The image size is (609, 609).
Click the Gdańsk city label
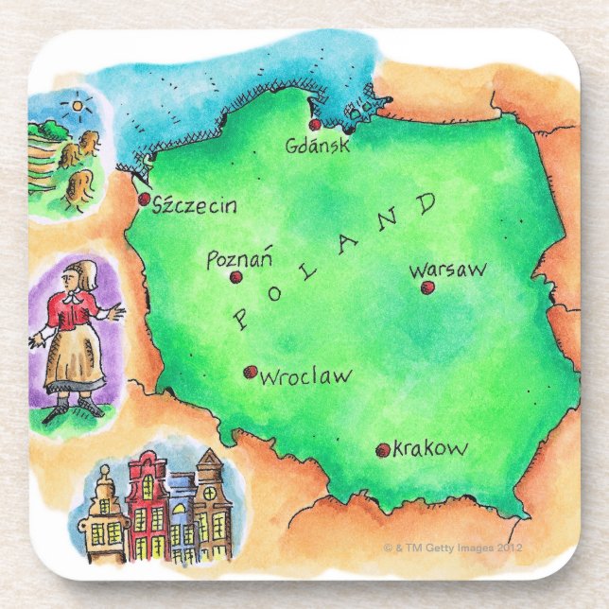point(318,146)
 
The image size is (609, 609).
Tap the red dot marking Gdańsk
point(315,124)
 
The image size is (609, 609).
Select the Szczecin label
point(195,205)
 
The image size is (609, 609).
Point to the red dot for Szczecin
point(144,200)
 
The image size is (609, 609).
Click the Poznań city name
point(239,258)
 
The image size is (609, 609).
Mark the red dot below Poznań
point(235,277)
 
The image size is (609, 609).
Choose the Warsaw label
point(448,270)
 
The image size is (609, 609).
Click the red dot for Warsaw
point(426,287)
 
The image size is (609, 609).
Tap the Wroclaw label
point(304,376)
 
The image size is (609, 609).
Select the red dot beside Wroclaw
point(250,373)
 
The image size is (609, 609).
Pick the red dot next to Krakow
point(382,451)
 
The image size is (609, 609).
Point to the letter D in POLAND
point(426,203)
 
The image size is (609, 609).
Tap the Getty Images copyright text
point(453,548)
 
